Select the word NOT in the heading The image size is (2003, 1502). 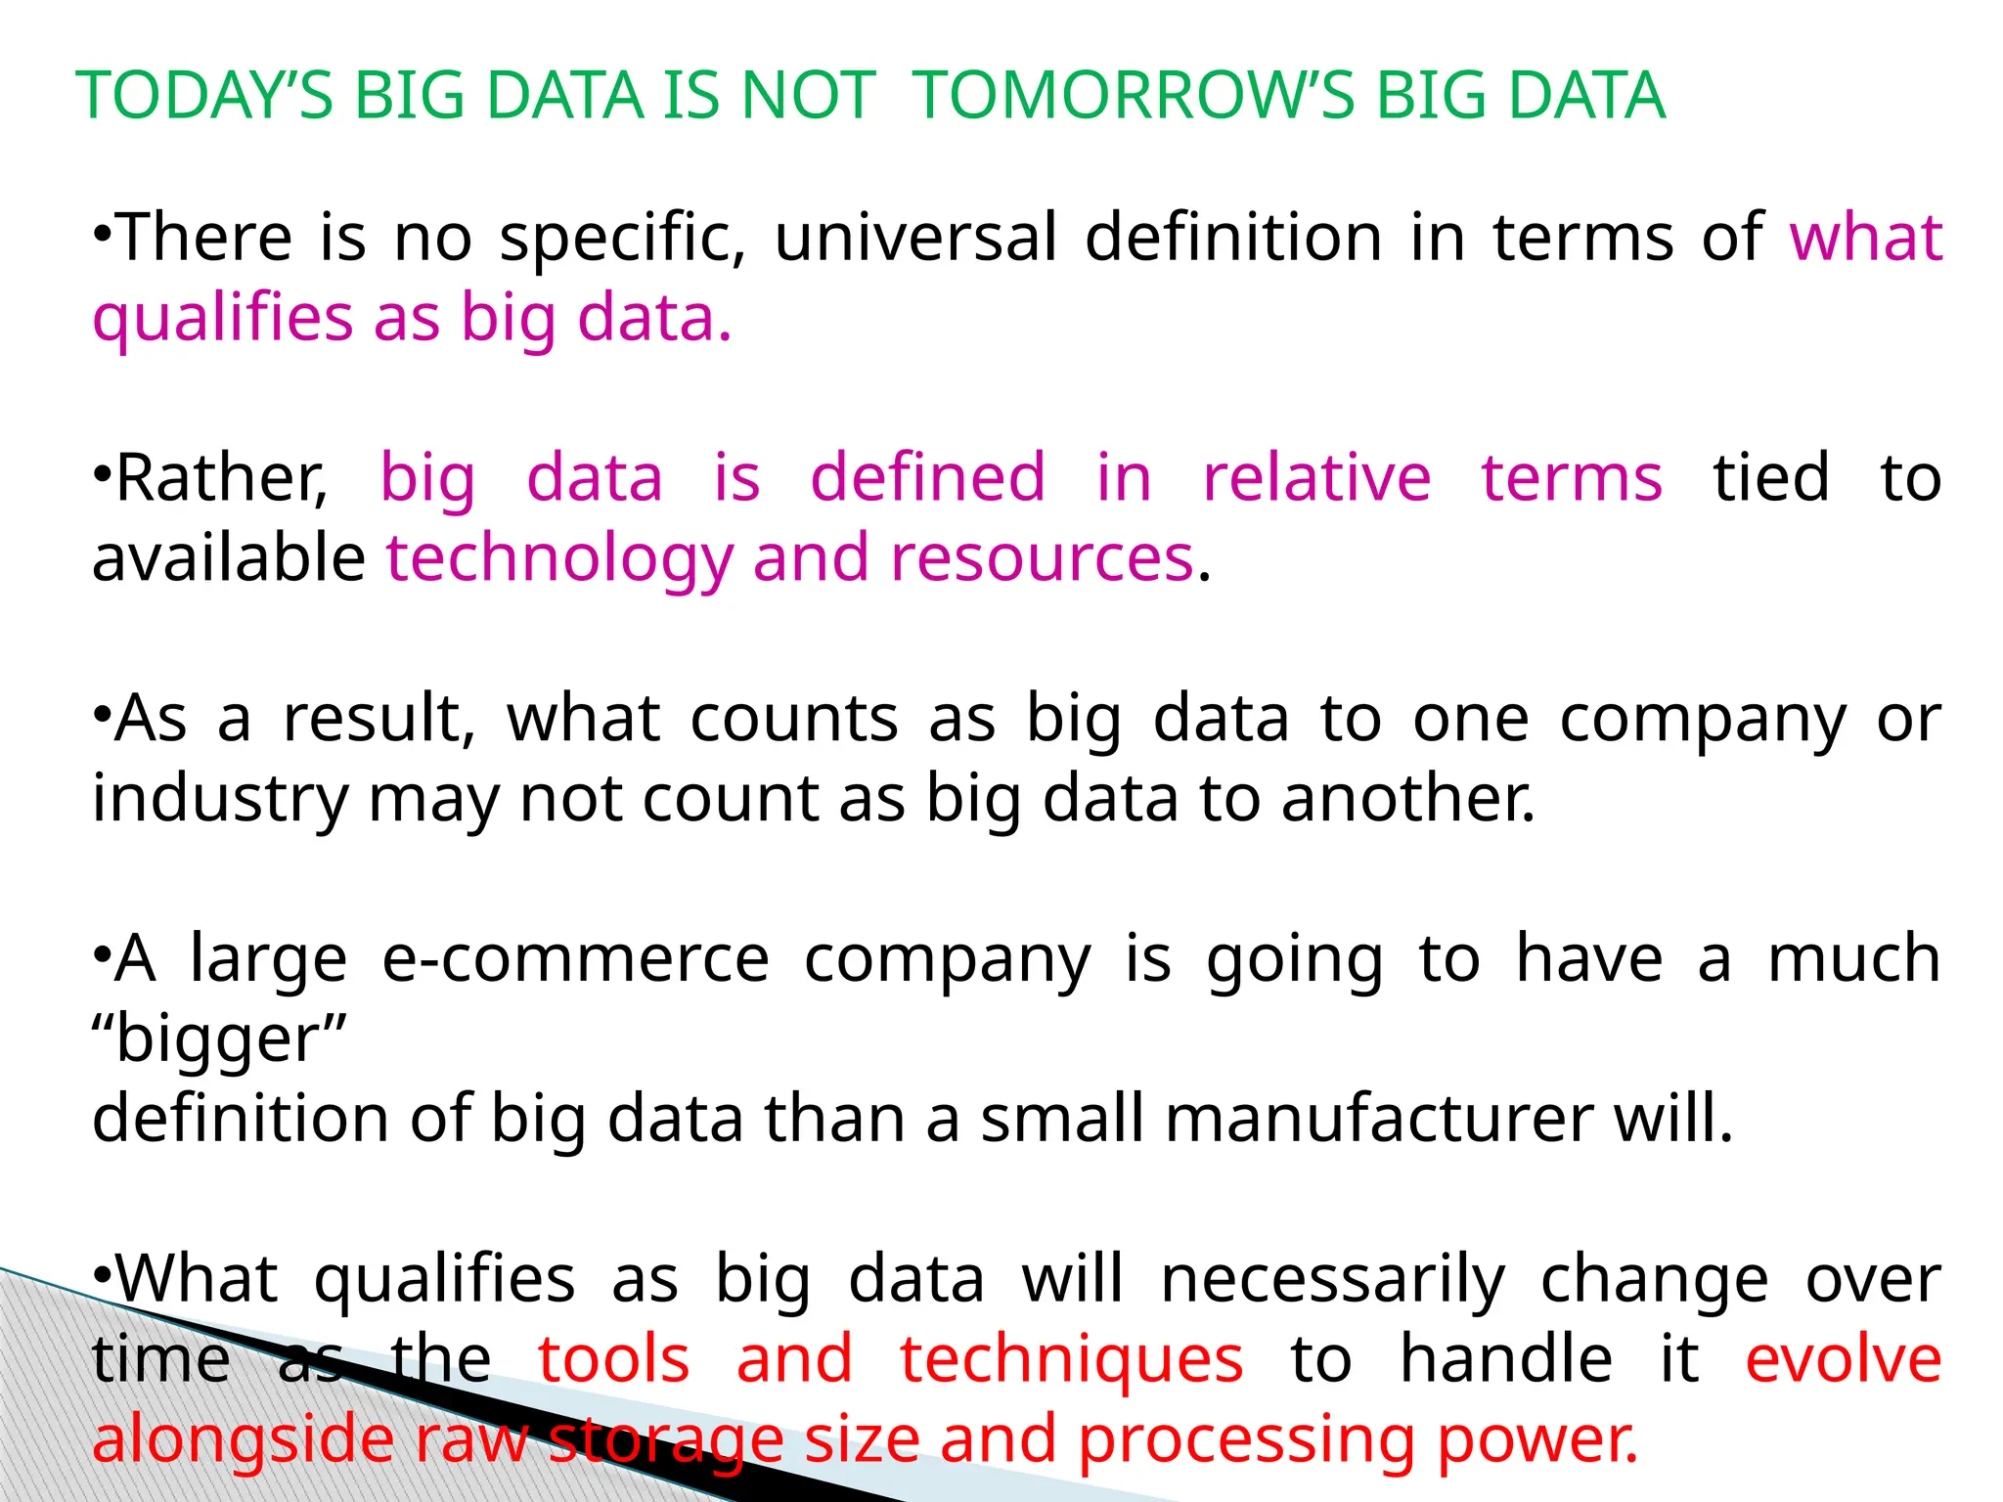[x=808, y=96]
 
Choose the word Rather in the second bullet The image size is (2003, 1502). [x=221, y=479]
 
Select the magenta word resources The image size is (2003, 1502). [x=1042, y=559]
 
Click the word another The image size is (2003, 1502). [x=1408, y=800]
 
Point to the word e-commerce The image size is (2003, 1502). [x=575, y=960]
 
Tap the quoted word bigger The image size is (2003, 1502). [x=220, y=1040]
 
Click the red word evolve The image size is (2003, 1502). [x=1844, y=1359]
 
